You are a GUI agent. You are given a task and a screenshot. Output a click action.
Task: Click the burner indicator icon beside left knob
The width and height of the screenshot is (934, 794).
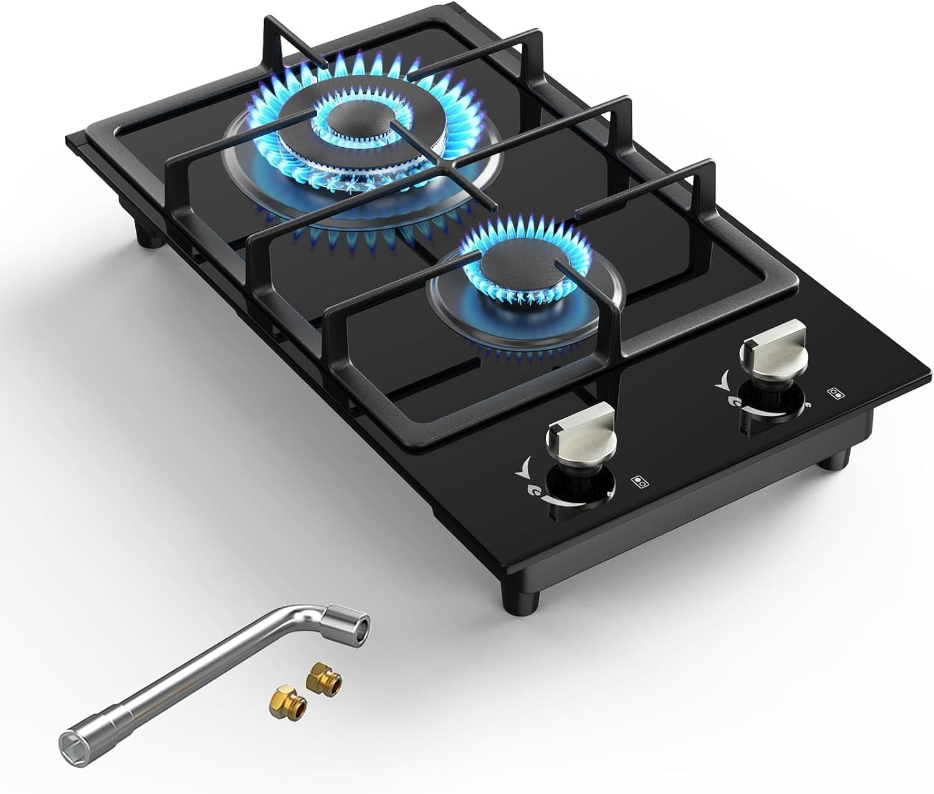tap(637, 481)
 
